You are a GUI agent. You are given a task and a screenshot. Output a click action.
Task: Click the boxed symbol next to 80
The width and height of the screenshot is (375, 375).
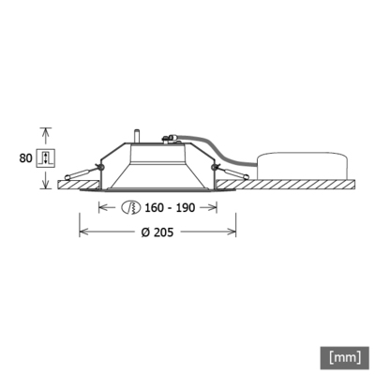[44, 157]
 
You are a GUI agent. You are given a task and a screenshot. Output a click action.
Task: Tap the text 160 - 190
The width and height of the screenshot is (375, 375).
[169, 207]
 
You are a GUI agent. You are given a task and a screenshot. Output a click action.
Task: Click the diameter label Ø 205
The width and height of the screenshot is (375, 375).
[157, 232]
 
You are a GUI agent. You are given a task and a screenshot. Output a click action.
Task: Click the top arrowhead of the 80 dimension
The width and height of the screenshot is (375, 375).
[44, 131]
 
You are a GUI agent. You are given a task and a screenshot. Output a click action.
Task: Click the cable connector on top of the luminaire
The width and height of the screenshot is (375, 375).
[172, 140]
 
